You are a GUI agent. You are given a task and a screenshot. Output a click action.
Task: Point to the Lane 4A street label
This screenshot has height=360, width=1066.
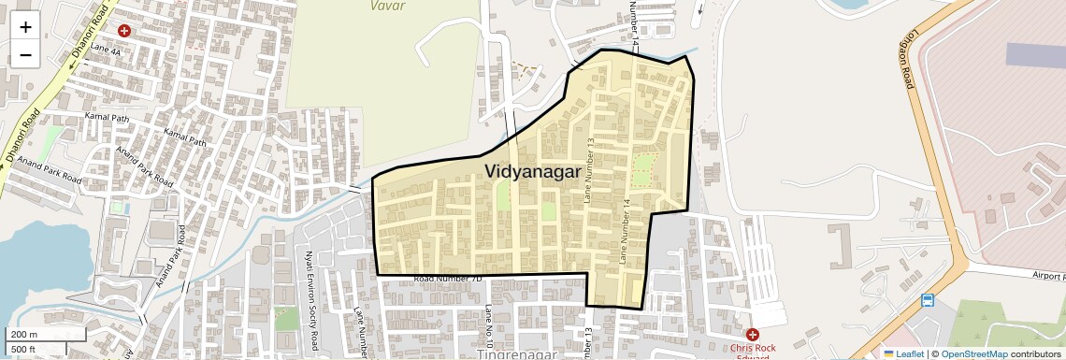coord(107,50)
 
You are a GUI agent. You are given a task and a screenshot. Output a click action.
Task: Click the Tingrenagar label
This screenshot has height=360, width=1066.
coord(517,354)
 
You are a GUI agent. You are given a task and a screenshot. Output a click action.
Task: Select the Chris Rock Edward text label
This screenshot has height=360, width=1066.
coord(753,351)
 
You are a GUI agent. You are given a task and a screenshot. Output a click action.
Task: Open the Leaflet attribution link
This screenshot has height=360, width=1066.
coord(904,353)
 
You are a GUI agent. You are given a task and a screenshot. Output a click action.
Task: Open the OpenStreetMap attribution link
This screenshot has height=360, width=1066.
coord(974,353)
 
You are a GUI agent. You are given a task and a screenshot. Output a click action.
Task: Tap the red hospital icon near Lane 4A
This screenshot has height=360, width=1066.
coord(123,31)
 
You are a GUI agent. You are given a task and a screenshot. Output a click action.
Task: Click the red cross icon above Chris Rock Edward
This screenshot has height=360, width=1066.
coord(752,334)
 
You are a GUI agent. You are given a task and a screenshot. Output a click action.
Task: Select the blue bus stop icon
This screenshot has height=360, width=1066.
coord(927,300)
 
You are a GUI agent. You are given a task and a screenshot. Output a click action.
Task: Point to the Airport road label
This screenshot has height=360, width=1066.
coord(1048,277)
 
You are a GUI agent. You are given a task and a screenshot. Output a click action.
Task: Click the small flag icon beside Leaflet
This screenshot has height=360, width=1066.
coord(888,353)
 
